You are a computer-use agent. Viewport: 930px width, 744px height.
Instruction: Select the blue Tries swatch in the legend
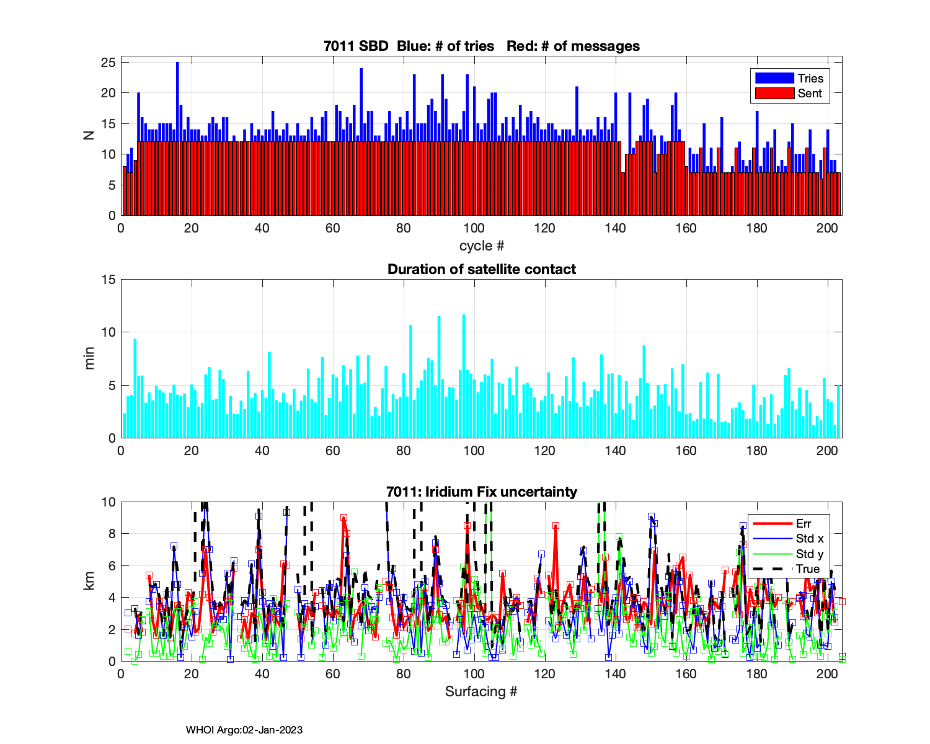pyautogui.click(x=774, y=78)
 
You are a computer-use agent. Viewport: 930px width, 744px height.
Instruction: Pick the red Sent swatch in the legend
pyautogui.click(x=774, y=93)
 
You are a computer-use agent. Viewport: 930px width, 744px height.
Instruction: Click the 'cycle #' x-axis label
pyautogui.click(x=482, y=246)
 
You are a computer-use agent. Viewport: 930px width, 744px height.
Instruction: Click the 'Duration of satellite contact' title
pyautogui.click(x=482, y=269)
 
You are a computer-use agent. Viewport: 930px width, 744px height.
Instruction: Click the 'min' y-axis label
pyautogui.click(x=90, y=358)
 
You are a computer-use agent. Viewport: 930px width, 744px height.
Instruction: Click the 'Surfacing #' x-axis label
pyautogui.click(x=481, y=691)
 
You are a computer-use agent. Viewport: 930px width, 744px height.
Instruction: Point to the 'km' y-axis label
pyautogui.click(x=90, y=581)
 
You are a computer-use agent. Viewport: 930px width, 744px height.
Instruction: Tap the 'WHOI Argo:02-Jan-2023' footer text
pyautogui.click(x=244, y=730)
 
